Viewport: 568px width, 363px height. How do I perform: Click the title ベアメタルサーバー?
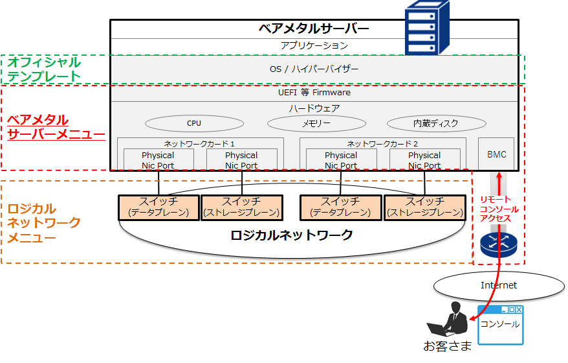[314, 29]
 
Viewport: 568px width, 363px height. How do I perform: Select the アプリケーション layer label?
[314, 46]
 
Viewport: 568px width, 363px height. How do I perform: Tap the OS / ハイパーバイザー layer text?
[314, 69]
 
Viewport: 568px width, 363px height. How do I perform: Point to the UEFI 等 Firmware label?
[314, 93]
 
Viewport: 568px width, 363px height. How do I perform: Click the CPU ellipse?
[194, 123]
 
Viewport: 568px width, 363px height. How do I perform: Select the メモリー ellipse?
[316, 123]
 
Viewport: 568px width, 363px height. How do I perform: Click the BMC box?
[496, 154]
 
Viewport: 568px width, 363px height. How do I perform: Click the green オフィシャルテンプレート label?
[44, 69]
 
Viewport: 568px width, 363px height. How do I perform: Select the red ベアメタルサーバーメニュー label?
[56, 128]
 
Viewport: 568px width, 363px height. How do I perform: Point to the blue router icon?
[496, 246]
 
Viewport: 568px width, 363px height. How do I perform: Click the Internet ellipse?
[499, 285]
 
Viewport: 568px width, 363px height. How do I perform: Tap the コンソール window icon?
[499, 325]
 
